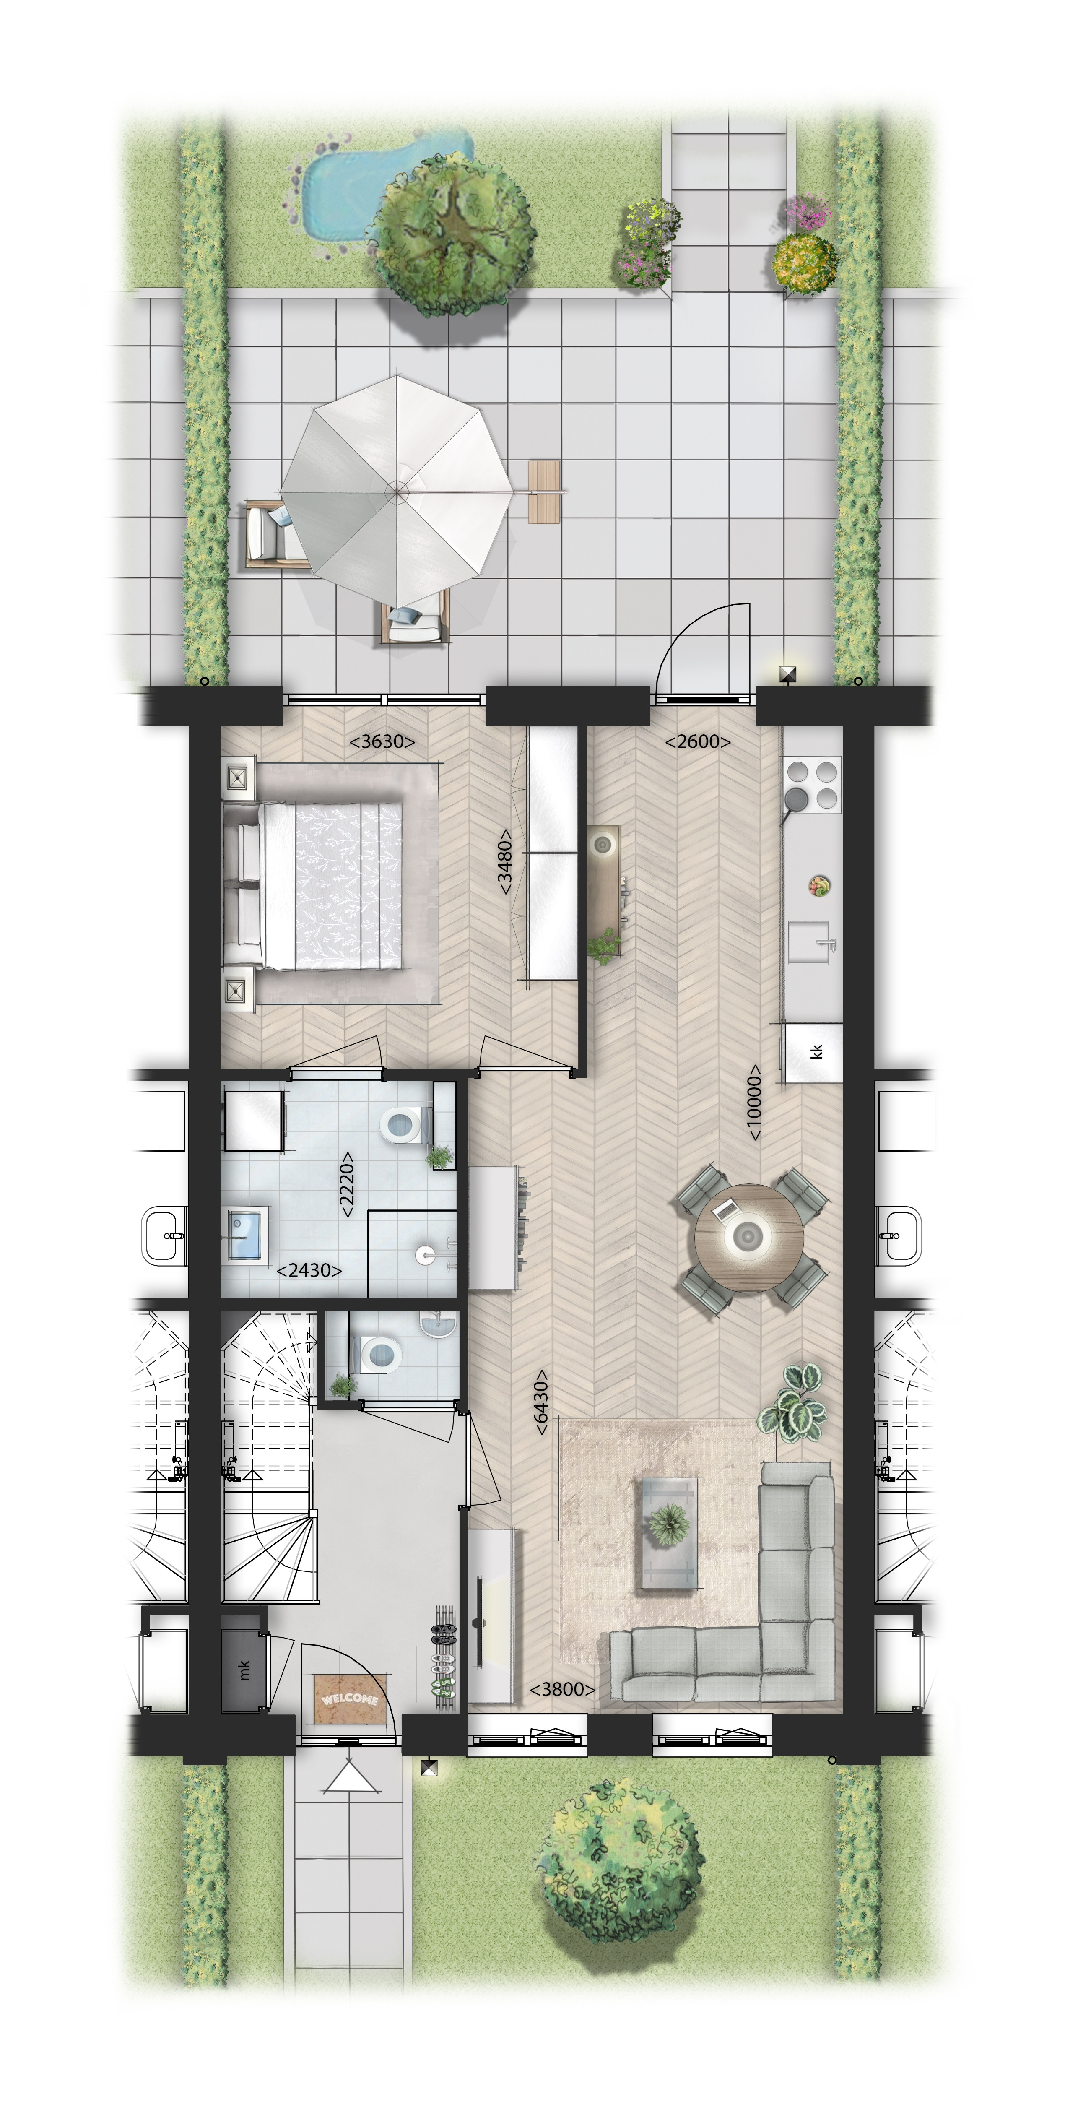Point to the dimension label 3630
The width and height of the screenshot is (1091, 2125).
[382, 741]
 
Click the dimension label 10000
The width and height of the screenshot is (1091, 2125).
[754, 1103]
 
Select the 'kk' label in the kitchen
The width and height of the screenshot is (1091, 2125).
[817, 1052]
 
